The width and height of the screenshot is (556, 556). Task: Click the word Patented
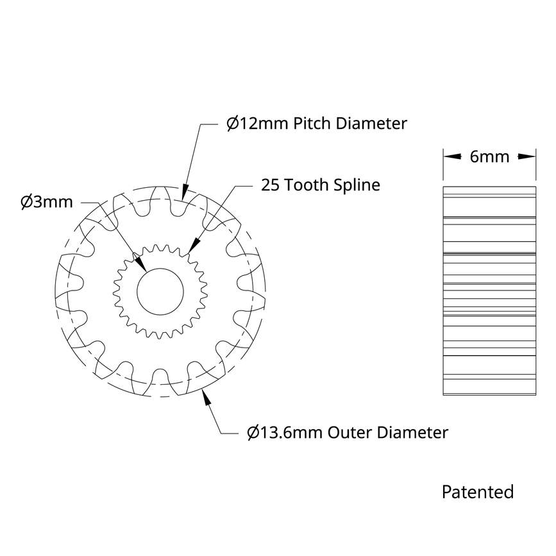point(478,492)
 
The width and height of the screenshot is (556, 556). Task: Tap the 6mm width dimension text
point(489,156)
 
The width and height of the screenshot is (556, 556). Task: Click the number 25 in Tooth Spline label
point(270,185)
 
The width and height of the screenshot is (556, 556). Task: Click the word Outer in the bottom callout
point(350,432)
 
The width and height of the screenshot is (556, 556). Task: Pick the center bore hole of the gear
point(160,292)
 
